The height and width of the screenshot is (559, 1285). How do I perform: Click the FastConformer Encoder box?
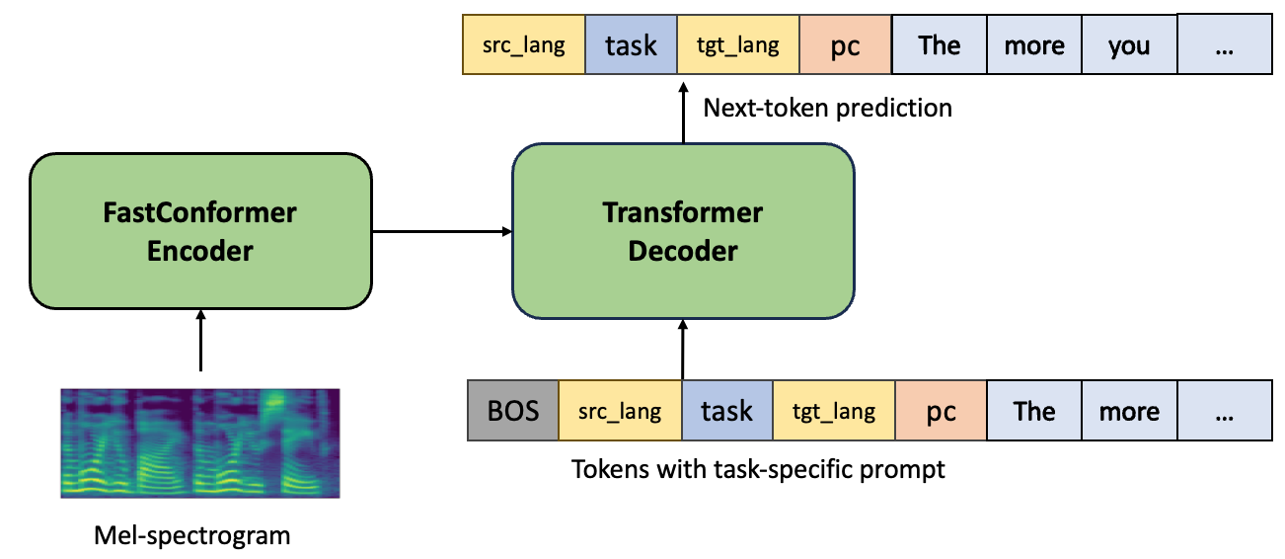(x=200, y=232)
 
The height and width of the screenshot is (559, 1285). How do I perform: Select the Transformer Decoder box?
(x=683, y=232)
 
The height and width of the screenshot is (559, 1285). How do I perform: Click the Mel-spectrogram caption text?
(x=192, y=536)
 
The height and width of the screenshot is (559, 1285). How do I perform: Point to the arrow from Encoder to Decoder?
(x=441, y=232)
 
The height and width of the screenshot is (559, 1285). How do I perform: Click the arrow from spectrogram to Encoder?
(x=200, y=342)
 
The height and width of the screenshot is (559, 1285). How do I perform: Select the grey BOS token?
(x=513, y=411)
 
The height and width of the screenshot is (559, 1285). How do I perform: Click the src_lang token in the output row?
(x=524, y=45)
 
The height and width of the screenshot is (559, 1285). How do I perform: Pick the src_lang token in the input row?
(x=620, y=411)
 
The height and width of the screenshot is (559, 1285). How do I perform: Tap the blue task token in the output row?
(x=631, y=45)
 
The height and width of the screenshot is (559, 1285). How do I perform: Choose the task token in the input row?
(x=726, y=411)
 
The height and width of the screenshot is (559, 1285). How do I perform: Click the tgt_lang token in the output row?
(x=737, y=45)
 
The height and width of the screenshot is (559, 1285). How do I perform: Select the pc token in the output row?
(x=845, y=45)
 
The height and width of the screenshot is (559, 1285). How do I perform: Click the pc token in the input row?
(x=941, y=411)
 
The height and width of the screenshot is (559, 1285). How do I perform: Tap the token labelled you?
(x=1129, y=45)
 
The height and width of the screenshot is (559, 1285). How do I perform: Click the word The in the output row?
(x=940, y=45)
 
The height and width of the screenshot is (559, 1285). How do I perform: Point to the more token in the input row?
(x=1129, y=411)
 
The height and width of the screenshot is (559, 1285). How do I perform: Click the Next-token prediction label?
(x=827, y=108)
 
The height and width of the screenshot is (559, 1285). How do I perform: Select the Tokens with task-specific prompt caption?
(x=758, y=469)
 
